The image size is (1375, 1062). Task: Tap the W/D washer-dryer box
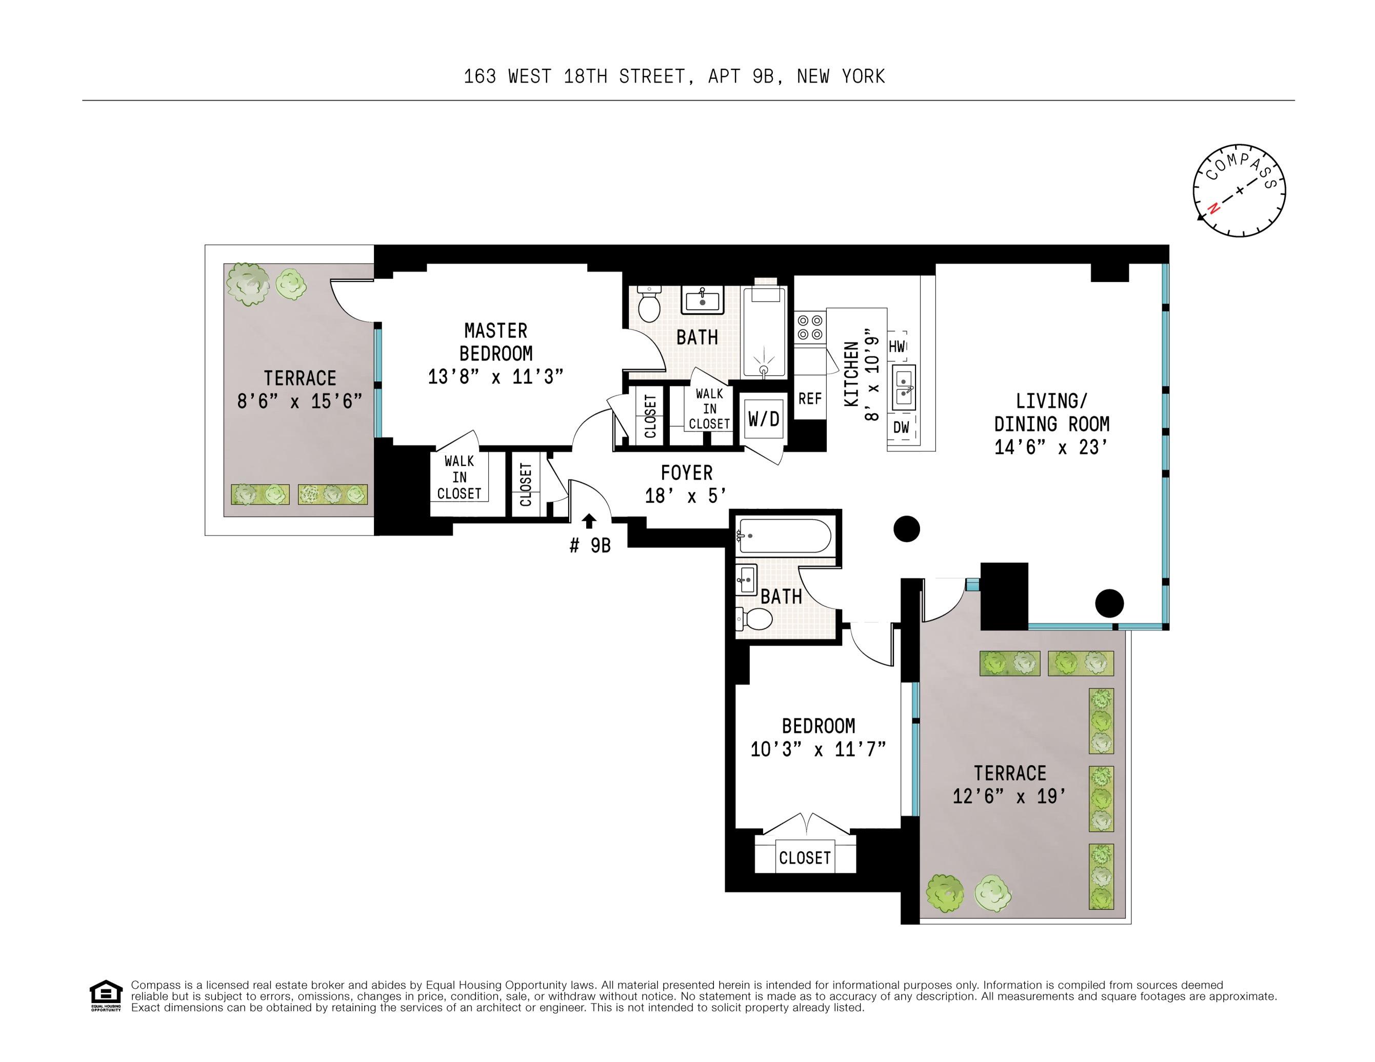764,419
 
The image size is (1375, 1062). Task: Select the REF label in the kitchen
810,398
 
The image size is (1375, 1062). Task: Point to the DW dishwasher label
901,427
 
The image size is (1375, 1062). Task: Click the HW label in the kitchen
897,346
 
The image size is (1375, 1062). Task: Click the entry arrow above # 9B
589,521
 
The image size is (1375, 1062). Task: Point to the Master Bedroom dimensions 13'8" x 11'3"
495,377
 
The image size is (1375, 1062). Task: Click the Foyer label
686,473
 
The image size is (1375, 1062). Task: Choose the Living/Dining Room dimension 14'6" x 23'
1051,447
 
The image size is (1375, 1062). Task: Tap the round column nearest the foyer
907,529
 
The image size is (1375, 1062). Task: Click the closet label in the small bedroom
805,858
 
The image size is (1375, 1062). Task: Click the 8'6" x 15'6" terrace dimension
300,401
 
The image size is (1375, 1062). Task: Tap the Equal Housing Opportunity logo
106,995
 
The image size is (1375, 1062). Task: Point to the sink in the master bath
702,300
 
